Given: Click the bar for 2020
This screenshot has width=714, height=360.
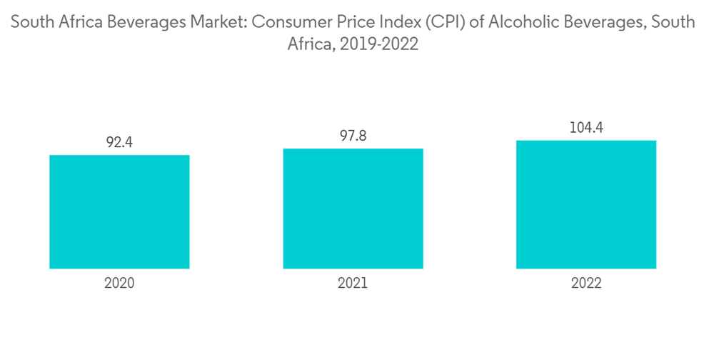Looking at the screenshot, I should click(x=119, y=211).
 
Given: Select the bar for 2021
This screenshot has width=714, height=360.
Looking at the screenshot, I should click(x=353, y=209).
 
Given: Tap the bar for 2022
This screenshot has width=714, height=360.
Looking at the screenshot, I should click(x=586, y=204).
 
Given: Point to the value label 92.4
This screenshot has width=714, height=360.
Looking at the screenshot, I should click(x=119, y=143).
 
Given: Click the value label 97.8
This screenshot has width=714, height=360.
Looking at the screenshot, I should click(x=353, y=136).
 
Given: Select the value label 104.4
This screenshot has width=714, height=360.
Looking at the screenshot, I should click(x=586, y=128).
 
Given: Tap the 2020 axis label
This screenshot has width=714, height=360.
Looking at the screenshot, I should click(x=119, y=283).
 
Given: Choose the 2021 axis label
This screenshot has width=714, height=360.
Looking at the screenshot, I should click(x=353, y=283).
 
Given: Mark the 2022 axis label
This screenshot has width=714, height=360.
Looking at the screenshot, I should click(x=586, y=283).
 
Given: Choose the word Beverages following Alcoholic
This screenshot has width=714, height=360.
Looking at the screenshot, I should click(x=598, y=22).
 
